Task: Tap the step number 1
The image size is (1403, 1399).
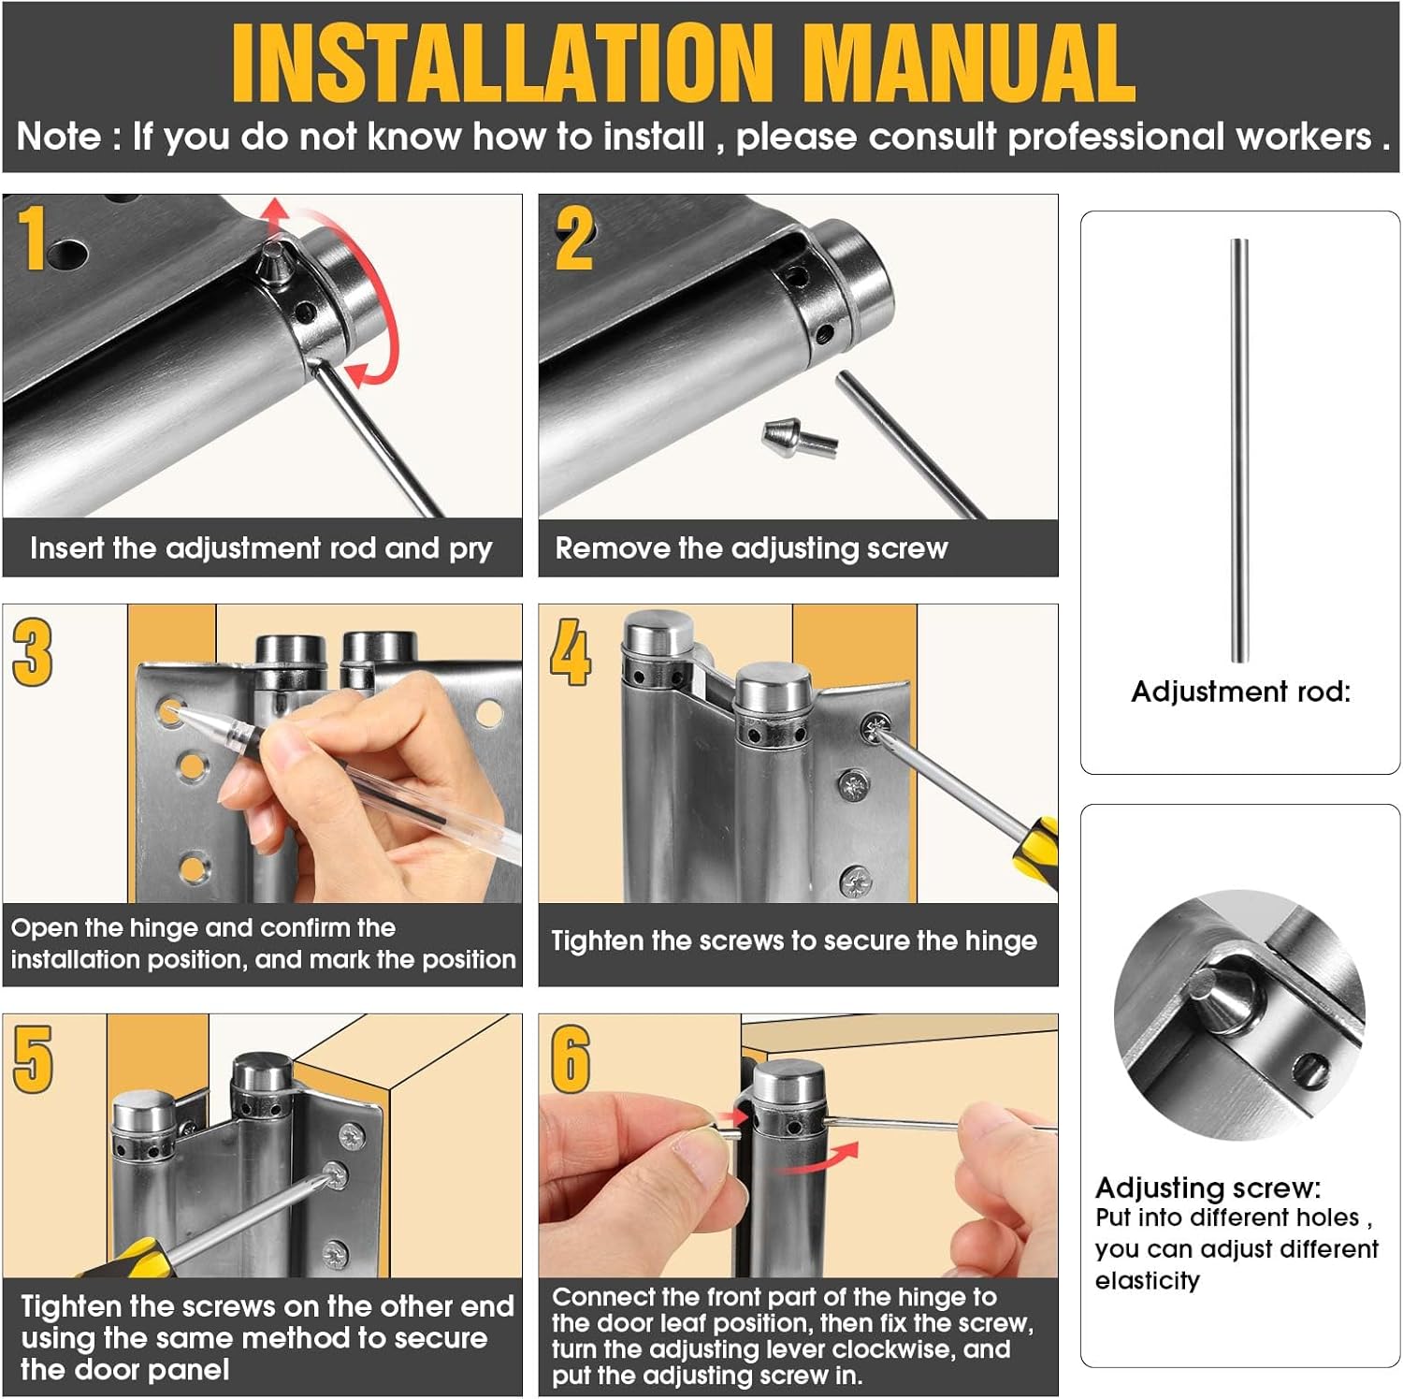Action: pyautogui.click(x=33, y=238)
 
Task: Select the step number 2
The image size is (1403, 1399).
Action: pyautogui.click(x=574, y=238)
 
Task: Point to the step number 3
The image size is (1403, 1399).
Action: pyautogui.click(x=33, y=652)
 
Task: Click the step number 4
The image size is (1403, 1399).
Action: pyautogui.click(x=571, y=652)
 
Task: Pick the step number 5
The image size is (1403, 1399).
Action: pyautogui.click(x=33, y=1059)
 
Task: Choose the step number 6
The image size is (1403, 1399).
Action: pyautogui.click(x=571, y=1059)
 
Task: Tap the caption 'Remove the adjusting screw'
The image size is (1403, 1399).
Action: pyautogui.click(x=751, y=548)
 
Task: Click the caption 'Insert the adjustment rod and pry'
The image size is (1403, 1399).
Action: pyautogui.click(x=261, y=548)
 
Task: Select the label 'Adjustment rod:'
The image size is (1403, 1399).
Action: pyautogui.click(x=1241, y=692)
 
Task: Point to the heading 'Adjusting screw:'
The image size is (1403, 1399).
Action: pyautogui.click(x=1208, y=1188)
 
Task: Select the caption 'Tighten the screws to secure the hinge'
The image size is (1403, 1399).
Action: pyautogui.click(x=794, y=940)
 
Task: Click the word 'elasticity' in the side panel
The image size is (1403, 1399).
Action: pyautogui.click(x=1148, y=1280)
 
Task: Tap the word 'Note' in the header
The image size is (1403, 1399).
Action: pyautogui.click(x=59, y=138)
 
